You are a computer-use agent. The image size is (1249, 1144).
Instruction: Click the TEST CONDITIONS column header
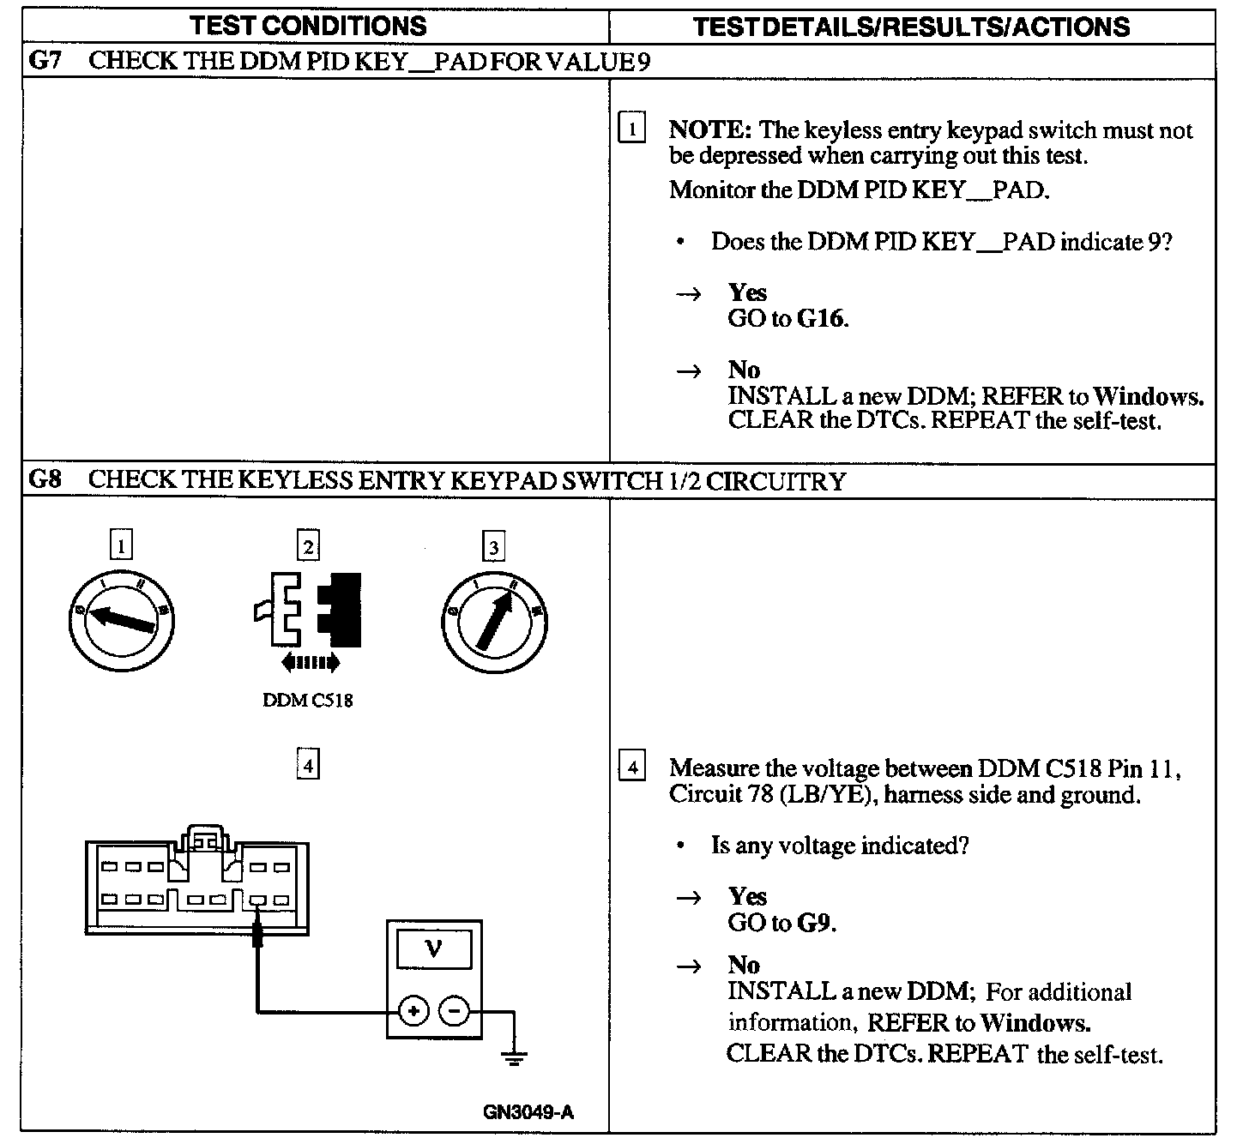pos(309,26)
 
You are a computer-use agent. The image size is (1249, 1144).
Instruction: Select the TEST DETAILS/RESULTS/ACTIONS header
pos(911,27)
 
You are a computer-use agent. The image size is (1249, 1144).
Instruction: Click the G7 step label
pos(45,61)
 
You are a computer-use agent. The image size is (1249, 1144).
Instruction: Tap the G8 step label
pos(45,479)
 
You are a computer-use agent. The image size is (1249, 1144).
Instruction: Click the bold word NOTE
pos(709,130)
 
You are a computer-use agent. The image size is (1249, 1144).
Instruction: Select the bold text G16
pos(821,319)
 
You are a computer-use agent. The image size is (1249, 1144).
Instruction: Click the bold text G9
pos(815,923)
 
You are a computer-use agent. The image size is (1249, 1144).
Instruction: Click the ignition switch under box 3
pos(494,619)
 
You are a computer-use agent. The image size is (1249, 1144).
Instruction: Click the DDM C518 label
pos(307,701)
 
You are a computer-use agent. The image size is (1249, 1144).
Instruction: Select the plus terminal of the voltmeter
pos(413,1012)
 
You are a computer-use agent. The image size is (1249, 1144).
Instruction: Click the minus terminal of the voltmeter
pos(454,1012)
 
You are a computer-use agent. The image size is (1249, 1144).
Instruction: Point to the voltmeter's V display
pos(434,949)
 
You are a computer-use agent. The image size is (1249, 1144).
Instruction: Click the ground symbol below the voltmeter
pos(515,1057)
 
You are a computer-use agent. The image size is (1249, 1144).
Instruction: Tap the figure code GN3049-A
pos(528,1113)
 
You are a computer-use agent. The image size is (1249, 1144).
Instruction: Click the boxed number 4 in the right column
pos(632,767)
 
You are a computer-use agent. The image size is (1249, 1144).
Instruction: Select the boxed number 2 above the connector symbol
pos(308,545)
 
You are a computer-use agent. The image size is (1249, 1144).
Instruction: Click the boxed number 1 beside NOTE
pos(632,129)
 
